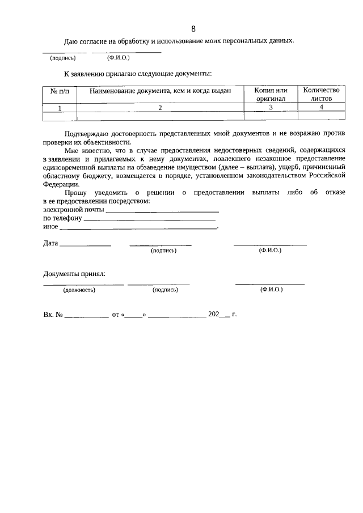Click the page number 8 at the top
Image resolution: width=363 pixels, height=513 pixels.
(x=193, y=29)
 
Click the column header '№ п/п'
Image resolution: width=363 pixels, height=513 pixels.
(x=60, y=91)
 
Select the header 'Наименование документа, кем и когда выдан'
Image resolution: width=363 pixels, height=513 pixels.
(x=160, y=91)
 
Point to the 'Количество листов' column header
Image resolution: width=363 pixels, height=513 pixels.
(x=321, y=94)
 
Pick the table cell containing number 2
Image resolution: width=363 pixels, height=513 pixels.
(x=160, y=107)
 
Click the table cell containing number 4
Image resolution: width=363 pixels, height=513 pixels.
(x=321, y=107)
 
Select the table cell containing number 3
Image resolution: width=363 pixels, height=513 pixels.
(x=271, y=107)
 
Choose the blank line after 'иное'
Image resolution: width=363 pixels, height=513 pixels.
(x=138, y=227)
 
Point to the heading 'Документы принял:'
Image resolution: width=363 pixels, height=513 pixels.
(x=74, y=274)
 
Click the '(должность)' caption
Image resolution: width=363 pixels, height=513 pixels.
(x=79, y=290)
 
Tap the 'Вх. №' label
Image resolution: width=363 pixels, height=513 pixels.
(x=52, y=313)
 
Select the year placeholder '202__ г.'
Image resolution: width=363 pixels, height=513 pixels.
(x=222, y=313)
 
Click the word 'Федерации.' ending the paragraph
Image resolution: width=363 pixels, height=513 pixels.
(x=57, y=184)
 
